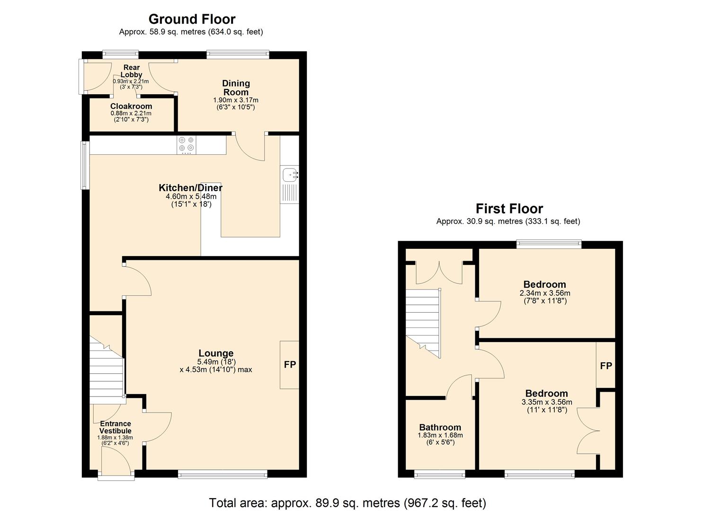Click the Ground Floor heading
[x=192, y=19]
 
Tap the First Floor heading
[x=509, y=209]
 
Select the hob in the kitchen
[x=186, y=145]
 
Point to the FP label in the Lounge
[x=290, y=364]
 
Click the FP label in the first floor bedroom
[x=606, y=366]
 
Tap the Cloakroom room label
[x=131, y=106]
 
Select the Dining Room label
[x=236, y=88]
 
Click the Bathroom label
[x=440, y=427]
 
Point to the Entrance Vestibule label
[x=115, y=427]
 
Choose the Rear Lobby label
[x=132, y=71]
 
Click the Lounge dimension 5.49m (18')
[x=216, y=361]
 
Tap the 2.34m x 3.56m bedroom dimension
[x=545, y=293]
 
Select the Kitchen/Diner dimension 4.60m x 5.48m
[x=191, y=197]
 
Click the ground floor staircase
[x=107, y=370]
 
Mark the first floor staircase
[x=423, y=324]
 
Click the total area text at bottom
[x=347, y=503]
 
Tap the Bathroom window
[x=439, y=474]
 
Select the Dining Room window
[x=238, y=54]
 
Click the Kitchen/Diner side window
[x=85, y=165]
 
